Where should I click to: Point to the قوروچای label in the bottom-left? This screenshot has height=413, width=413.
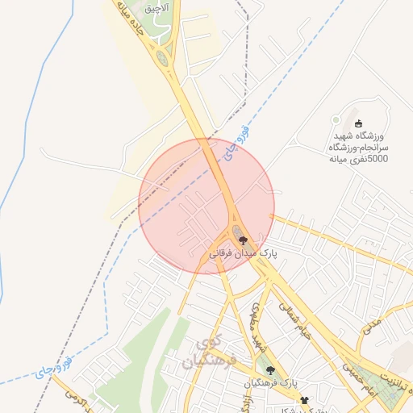55,365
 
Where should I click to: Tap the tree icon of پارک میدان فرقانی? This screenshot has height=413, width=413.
244,240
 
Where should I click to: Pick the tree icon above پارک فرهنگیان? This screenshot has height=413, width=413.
270,370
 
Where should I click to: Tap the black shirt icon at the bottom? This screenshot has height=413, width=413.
304,400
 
